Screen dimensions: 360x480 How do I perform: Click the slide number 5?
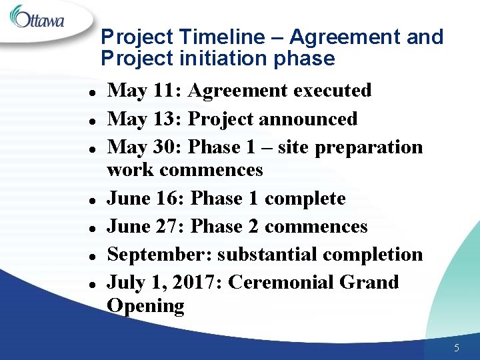tap(457, 347)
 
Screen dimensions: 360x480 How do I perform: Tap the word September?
tap(159, 255)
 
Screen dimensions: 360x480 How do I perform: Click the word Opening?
tap(145, 307)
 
